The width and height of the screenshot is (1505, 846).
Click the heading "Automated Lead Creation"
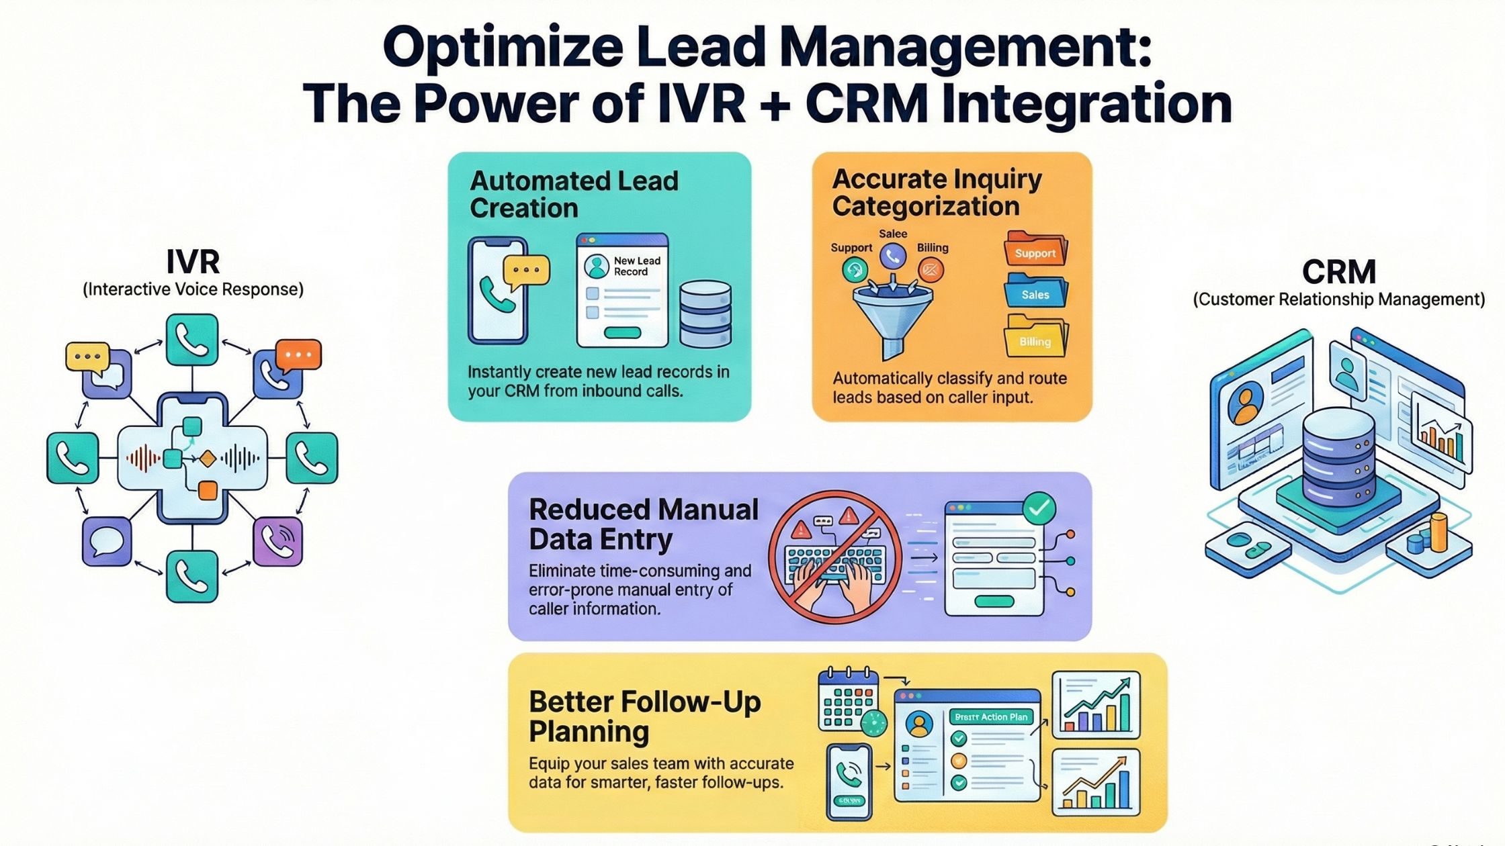pos(574,194)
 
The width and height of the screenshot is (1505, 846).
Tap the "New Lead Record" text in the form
pos(636,266)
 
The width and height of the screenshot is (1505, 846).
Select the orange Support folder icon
pos(1035,250)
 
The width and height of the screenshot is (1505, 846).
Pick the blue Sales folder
pos(1035,292)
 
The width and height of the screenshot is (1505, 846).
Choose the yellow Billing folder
pos(1035,338)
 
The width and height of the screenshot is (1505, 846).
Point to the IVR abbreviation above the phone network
pos(193,261)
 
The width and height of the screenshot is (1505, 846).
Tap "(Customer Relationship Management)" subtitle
pos(1338,299)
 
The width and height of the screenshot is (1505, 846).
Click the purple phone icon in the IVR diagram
pos(278,541)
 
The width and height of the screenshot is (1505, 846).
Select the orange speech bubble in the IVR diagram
pos(298,355)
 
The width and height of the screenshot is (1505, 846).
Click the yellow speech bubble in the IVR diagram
pos(87,357)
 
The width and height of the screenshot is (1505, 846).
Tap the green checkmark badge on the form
pos(1039,508)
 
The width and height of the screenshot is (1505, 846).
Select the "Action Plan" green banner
pos(991,717)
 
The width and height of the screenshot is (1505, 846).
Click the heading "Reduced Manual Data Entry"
pos(643,524)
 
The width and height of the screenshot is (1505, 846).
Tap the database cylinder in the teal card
pos(705,314)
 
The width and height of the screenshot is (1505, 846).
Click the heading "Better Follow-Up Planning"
pos(644,716)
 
